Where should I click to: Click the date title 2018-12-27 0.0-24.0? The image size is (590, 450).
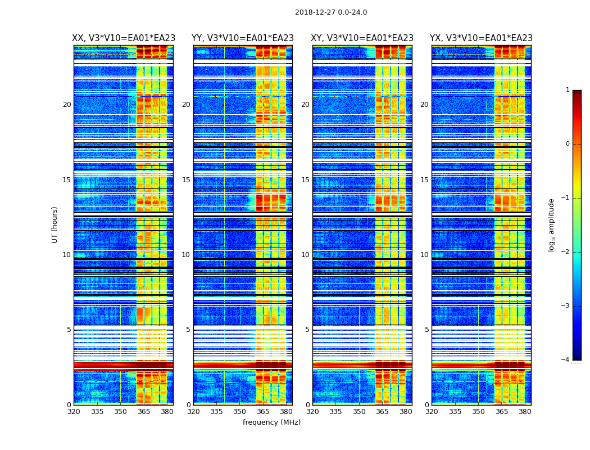point(331,12)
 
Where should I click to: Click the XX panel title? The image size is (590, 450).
point(124,38)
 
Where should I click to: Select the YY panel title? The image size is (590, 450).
point(243,38)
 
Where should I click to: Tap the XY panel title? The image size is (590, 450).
point(362,38)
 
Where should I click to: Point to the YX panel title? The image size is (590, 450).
point(481,38)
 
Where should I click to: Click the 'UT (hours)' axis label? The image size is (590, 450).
point(55,224)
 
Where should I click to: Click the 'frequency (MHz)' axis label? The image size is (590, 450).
point(271,422)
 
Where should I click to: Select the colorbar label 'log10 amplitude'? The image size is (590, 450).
point(551,225)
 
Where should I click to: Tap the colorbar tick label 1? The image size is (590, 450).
point(568,90)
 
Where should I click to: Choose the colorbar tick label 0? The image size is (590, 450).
point(568,144)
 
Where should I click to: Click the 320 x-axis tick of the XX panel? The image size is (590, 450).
point(74,412)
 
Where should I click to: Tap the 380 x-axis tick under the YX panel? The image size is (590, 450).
point(525,412)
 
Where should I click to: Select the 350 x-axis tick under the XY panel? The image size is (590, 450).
point(359,412)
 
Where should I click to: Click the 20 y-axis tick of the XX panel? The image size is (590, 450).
point(67,105)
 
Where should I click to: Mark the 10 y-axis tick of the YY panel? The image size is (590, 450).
point(186,255)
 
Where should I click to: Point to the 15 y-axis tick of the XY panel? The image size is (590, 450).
point(305,180)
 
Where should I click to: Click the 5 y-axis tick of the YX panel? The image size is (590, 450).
point(426,330)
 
